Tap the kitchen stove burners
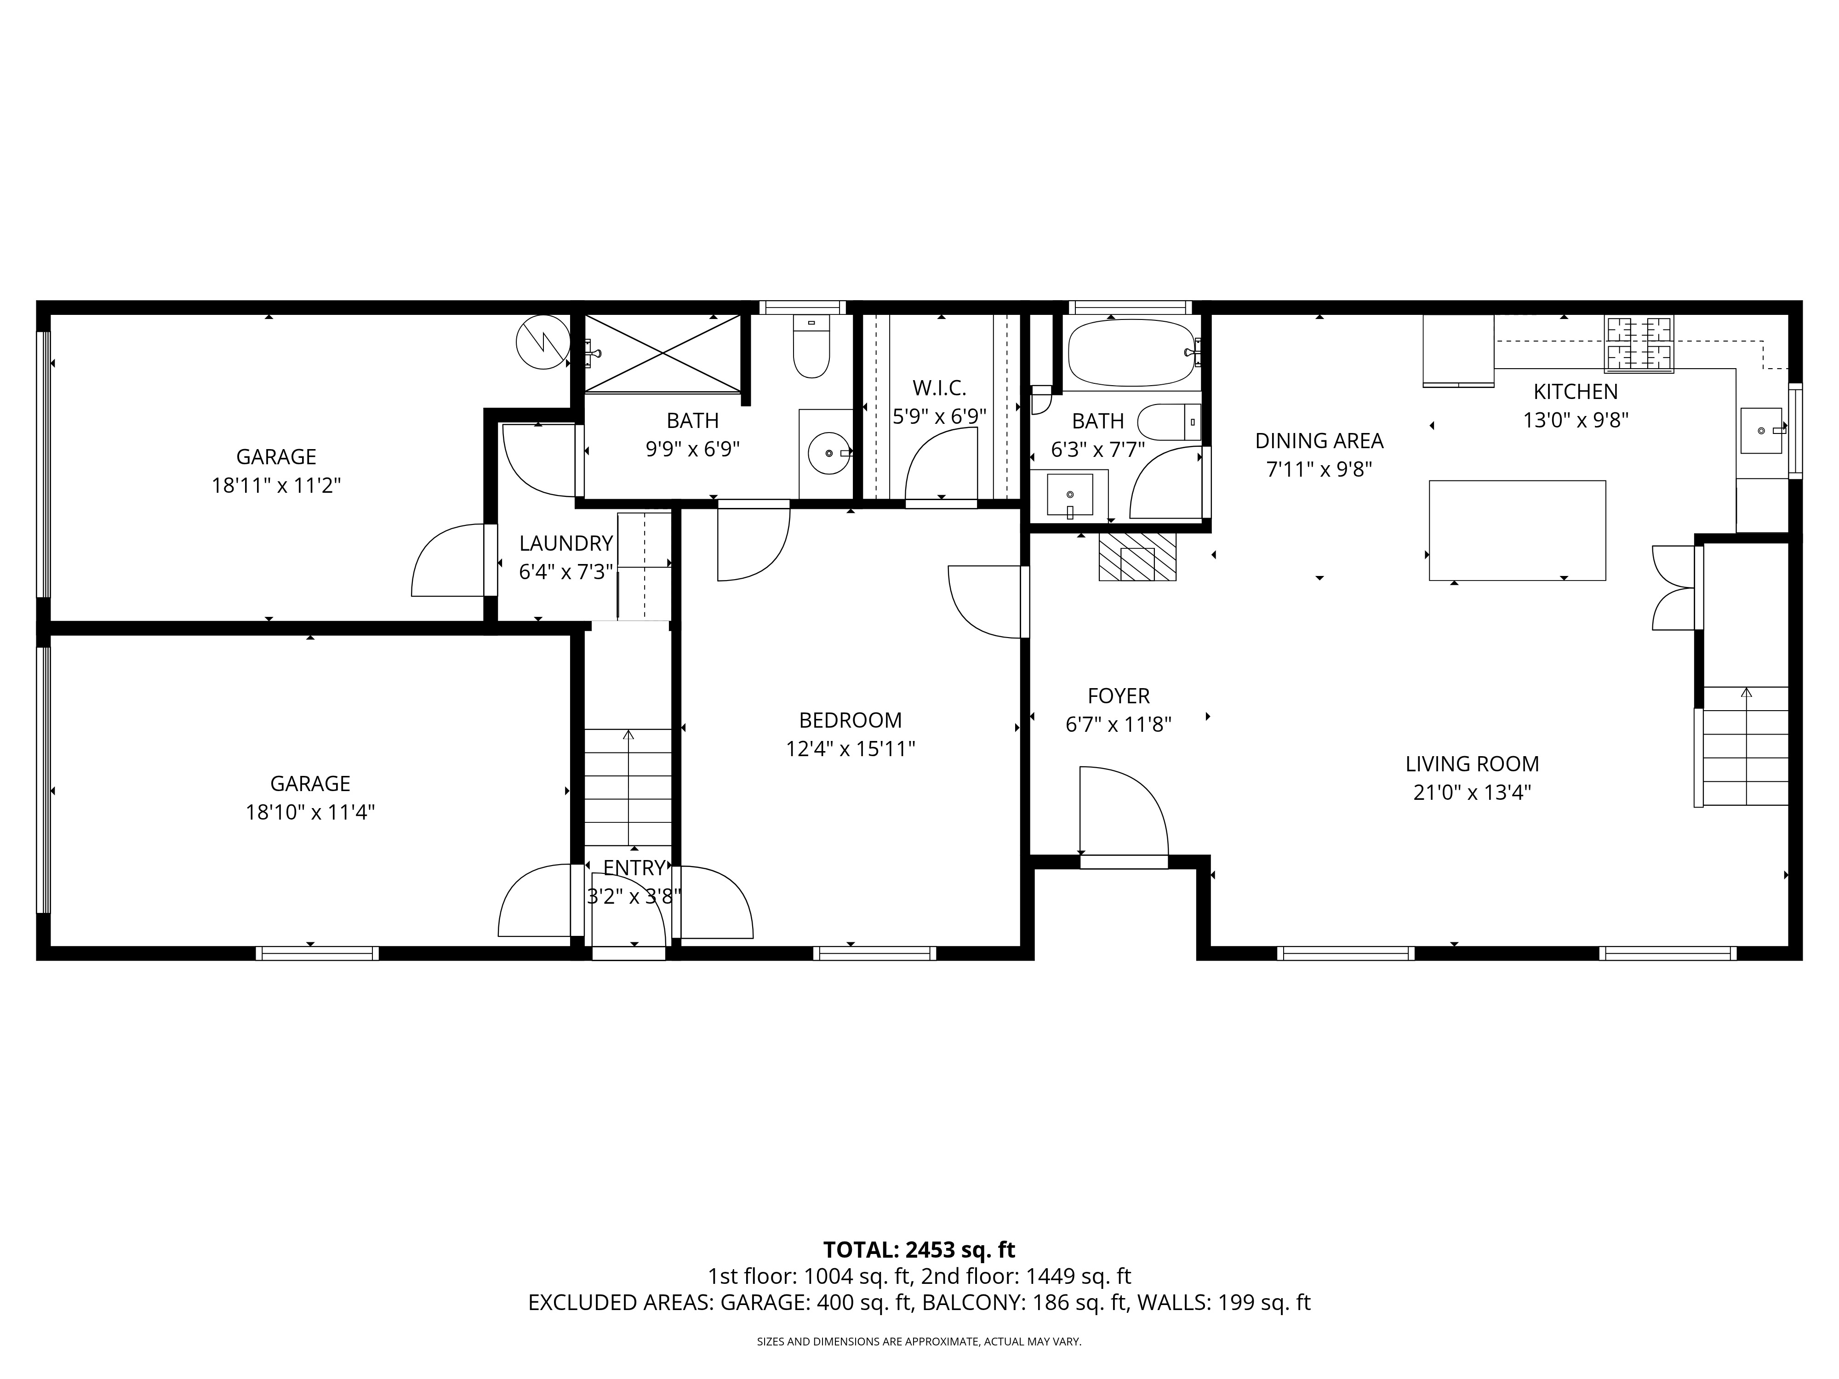1639,344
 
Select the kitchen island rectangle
1517,530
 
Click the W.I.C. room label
939,388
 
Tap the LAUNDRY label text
566,544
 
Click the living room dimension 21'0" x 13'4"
1473,792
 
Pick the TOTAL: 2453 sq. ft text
919,1249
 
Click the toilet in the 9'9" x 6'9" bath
811,347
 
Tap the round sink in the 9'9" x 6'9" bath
829,453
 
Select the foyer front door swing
1124,810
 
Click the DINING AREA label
1319,440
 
